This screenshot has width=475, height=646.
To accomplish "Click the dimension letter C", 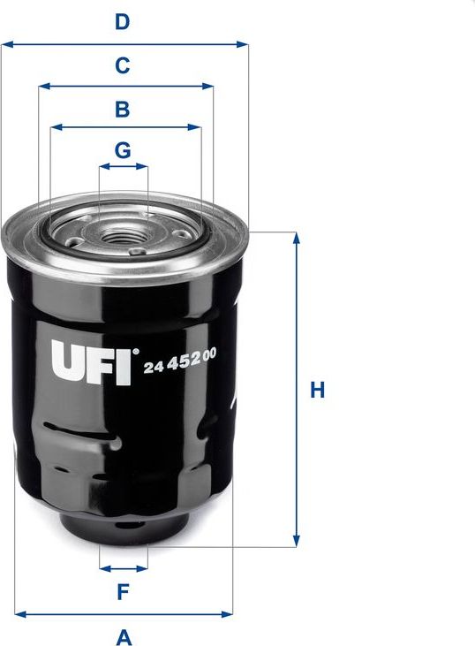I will point(123,65).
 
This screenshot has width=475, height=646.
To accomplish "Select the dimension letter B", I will point(123,109).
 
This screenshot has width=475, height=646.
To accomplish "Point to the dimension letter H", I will point(319,390).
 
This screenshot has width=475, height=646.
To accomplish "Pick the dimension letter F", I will point(124,591).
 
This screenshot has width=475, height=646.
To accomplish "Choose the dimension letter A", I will point(124,635).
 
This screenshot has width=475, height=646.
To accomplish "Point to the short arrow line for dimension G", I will point(124,165).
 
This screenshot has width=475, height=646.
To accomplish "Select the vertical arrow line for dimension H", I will point(297,390).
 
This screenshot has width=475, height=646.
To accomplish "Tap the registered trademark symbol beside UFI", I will point(135,352).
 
